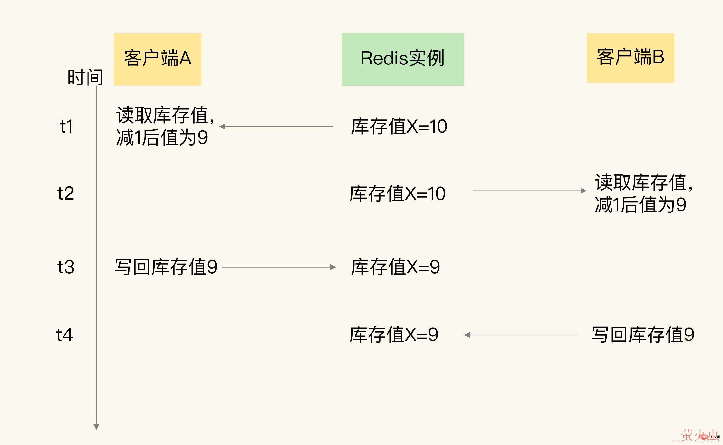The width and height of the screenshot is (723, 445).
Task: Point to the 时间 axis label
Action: click(85, 77)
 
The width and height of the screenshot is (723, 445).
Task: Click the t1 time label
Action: click(66, 127)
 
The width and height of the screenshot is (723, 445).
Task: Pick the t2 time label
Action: click(65, 194)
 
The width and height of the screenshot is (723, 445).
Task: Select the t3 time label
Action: click(66, 267)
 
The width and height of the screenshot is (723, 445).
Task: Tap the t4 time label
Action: click(65, 335)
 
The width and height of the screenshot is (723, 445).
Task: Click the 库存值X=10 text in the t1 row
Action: click(399, 127)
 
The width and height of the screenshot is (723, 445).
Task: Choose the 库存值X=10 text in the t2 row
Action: click(397, 194)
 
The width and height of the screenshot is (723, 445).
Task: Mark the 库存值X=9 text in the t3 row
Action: click(395, 267)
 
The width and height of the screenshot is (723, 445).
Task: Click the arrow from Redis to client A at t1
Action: click(276, 127)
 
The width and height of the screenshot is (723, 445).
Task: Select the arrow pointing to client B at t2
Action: click(529, 191)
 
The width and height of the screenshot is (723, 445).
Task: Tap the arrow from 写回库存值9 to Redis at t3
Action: click(279, 267)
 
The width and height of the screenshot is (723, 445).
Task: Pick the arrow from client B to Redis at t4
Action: click(521, 335)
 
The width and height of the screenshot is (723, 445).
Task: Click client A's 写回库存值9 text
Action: click(166, 267)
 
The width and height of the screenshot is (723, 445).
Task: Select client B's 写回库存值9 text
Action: click(643, 335)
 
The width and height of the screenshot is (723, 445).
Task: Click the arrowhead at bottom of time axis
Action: click(96, 426)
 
